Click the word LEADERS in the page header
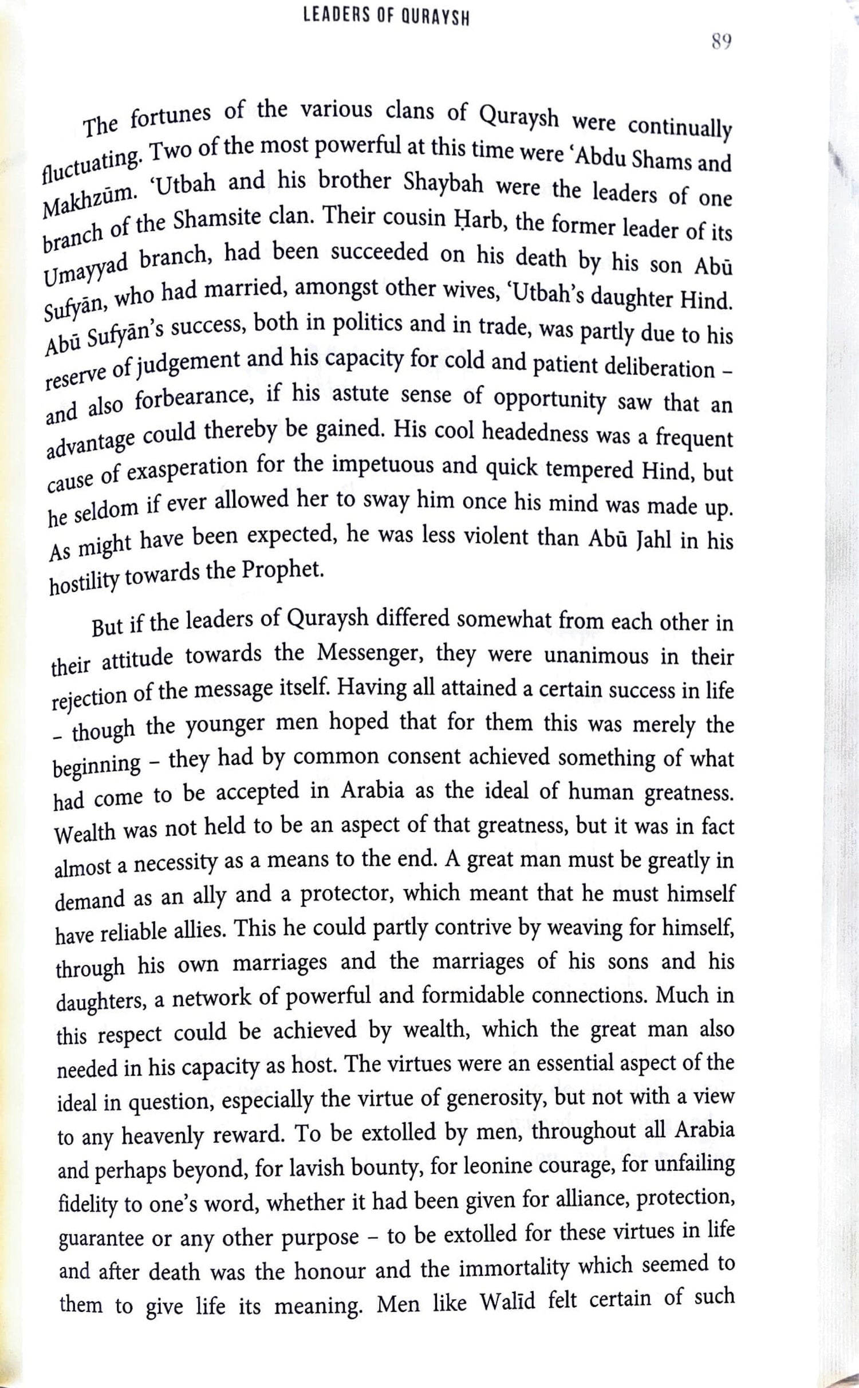pyautogui.click(x=329, y=18)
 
